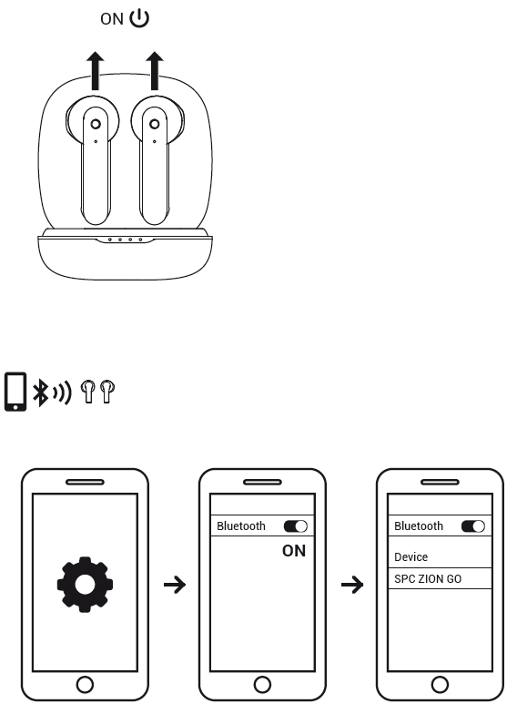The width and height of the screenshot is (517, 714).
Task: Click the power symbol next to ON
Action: [x=139, y=18]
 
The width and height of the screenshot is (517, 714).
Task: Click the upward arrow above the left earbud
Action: [x=95, y=71]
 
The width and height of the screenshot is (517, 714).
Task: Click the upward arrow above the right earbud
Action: [x=155, y=71]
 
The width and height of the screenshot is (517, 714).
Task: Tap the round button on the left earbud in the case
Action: [x=96, y=124]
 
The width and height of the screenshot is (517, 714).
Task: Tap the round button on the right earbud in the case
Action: [x=155, y=124]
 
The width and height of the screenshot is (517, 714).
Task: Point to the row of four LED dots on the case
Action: [x=126, y=240]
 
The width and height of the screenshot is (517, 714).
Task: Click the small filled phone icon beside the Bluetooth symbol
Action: [x=15, y=392]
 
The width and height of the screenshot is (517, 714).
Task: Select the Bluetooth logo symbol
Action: [x=40, y=392]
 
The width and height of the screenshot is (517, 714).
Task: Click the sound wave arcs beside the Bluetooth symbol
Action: [x=62, y=392]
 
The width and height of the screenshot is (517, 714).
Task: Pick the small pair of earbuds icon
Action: [x=97, y=392]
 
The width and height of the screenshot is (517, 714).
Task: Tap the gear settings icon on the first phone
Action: [x=86, y=585]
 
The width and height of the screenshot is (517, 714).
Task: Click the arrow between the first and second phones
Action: [x=175, y=585]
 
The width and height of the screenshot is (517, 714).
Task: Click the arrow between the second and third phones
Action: [x=352, y=585]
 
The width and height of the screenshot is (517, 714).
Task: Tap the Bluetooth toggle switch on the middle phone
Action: [x=296, y=526]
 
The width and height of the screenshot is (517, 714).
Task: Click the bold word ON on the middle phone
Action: [x=294, y=551]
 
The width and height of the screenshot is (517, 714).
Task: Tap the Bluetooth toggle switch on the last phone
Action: [x=473, y=526]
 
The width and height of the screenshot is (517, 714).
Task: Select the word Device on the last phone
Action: [x=411, y=557]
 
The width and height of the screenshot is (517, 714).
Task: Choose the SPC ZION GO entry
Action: [x=428, y=579]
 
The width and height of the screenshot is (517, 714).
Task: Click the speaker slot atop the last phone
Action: [x=441, y=482]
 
